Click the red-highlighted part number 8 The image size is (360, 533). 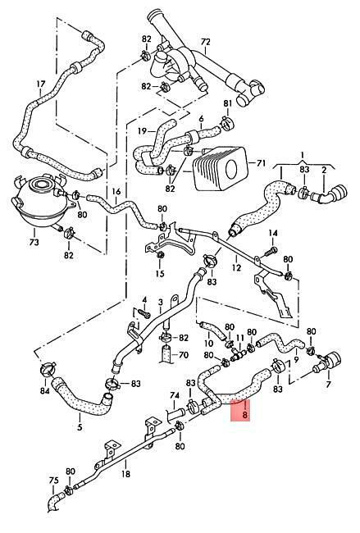coord(244,415)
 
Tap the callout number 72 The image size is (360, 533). coord(206,42)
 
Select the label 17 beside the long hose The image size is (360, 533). coord(40,84)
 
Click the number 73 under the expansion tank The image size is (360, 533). coord(34,242)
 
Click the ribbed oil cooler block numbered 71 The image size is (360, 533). coord(219,168)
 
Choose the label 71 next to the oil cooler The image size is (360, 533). coord(261,163)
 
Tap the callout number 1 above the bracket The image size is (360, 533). coord(303,156)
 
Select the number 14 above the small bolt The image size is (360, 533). coord(273,233)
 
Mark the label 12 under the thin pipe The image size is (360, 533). coord(236,267)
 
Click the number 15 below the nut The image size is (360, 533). coord(160,274)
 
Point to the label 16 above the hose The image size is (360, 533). coord(116,192)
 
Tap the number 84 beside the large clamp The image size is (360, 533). coord(44,391)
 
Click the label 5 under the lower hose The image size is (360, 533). coord(80,427)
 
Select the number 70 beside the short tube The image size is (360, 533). coord(184,356)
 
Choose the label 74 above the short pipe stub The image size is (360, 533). coord(175,395)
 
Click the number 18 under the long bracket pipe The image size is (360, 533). coord(125,473)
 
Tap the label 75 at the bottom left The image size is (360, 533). coord(53,481)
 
